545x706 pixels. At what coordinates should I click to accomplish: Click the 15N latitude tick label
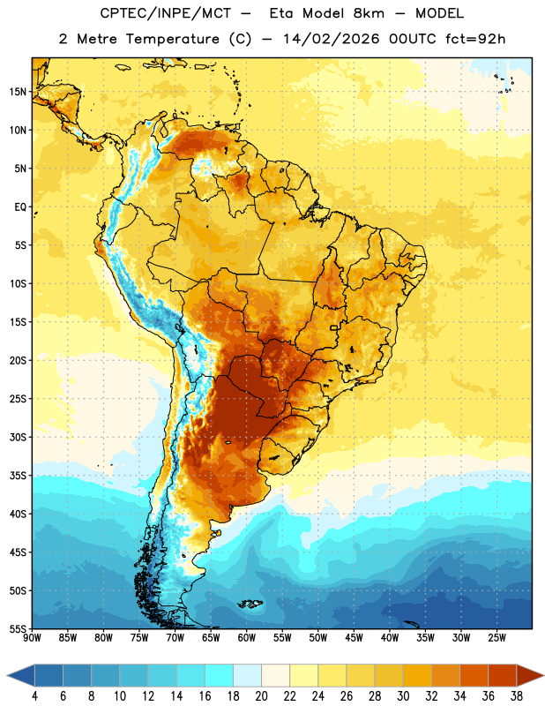pos(18,92)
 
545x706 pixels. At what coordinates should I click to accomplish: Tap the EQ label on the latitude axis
pos(20,207)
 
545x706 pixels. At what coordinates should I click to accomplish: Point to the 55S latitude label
pos(18,628)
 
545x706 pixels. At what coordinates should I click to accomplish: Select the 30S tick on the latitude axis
pos(18,437)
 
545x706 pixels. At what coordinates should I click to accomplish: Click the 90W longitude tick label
pos(32,638)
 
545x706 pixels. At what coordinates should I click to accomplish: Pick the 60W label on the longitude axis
pos(247,638)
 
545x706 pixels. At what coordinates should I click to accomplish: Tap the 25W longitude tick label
pos(496,638)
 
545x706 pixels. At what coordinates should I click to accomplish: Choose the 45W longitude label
pos(355,638)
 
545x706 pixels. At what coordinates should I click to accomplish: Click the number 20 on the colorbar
pos(261,696)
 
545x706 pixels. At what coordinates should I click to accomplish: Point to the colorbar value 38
pos(517,696)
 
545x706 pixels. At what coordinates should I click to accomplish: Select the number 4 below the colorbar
pos(34,696)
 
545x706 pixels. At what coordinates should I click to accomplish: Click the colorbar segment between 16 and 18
pos(219,675)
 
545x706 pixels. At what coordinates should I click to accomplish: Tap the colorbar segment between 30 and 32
pos(417,675)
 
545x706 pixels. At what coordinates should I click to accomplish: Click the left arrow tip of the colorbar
pos(7,675)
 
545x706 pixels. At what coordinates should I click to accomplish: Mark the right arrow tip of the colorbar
pos(544,675)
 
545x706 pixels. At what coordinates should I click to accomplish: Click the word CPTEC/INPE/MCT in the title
pos(166,13)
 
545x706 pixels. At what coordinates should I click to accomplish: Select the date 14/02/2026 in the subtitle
pos(332,39)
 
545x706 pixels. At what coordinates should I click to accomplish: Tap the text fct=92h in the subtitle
pos(475,39)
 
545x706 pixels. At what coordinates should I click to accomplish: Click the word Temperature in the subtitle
pos(172,39)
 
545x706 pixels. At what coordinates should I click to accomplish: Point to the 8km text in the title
pos(369,13)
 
